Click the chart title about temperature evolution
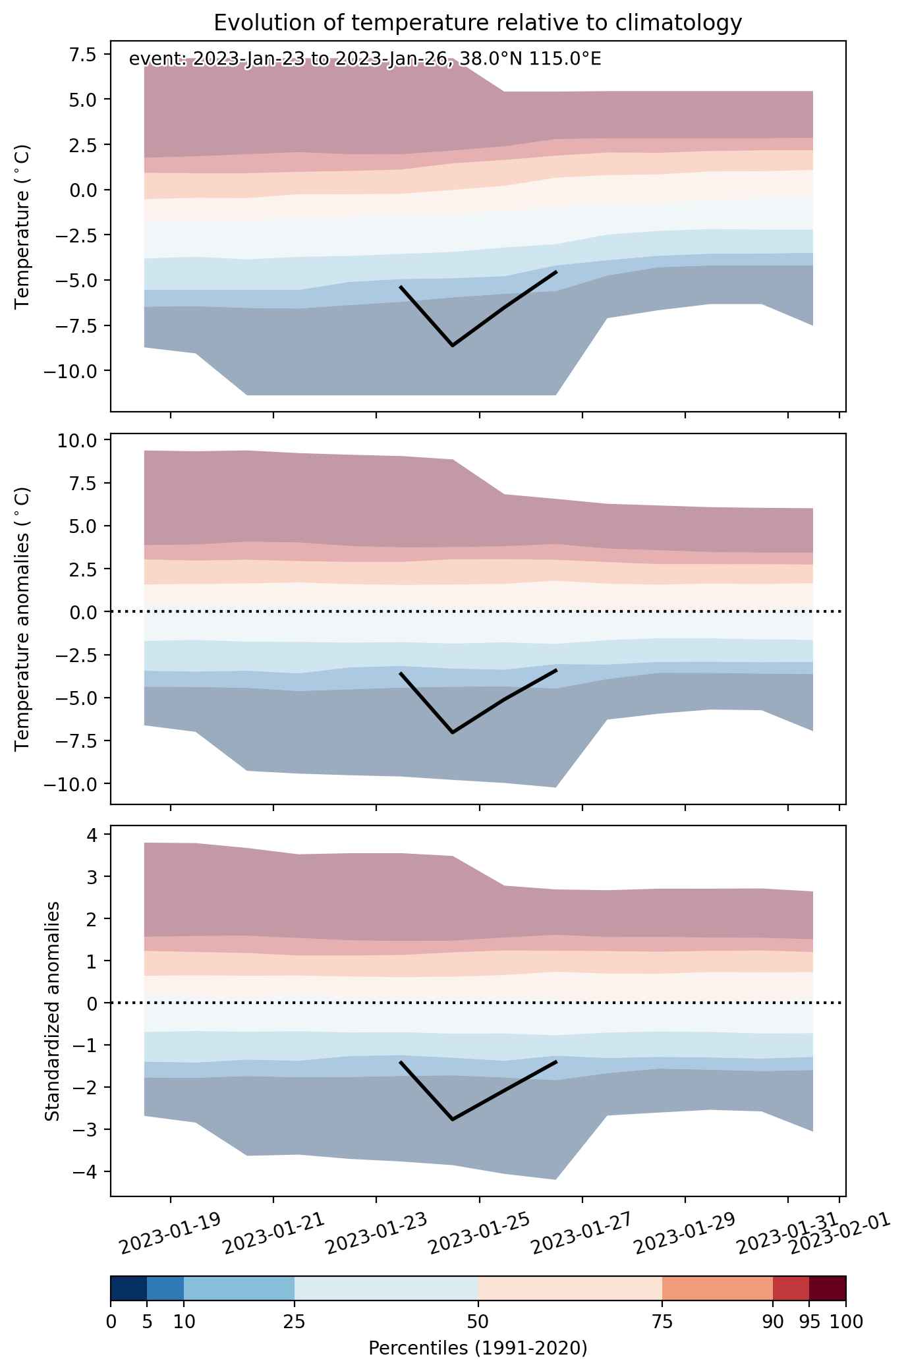(478, 23)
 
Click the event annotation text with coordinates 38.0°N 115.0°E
(365, 59)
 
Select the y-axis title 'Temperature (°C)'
(22, 227)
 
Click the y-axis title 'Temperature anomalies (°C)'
(22, 619)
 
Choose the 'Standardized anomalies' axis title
(53, 1011)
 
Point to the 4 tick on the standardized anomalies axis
(92, 835)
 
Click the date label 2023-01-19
(169, 1229)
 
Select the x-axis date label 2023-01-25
(478, 1229)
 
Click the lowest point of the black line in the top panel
(453, 345)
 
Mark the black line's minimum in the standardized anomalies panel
(453, 1119)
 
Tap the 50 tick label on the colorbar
(478, 1322)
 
